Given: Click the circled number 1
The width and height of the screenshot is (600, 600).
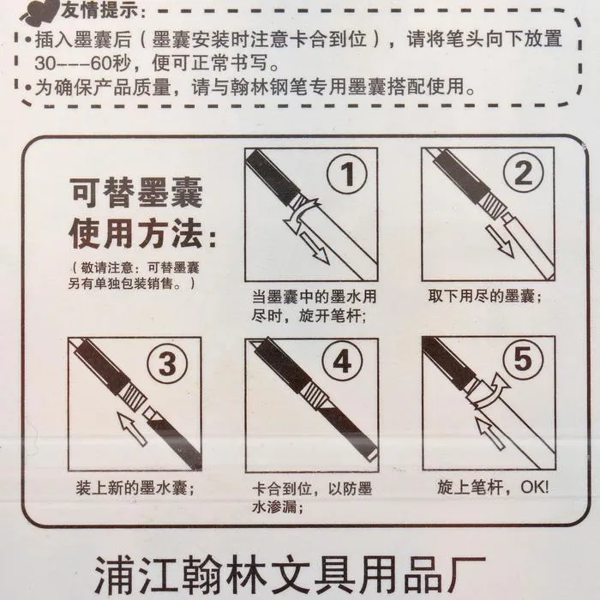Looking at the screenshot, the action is tap(346, 174).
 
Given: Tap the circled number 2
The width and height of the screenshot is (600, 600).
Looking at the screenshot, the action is tap(523, 172).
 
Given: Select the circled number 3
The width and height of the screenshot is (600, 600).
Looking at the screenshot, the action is tap(167, 363).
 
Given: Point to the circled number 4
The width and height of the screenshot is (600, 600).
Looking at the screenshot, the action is tap(342, 361).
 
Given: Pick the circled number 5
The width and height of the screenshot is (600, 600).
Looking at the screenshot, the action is tap(523, 359).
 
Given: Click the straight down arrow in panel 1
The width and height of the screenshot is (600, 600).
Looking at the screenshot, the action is tap(315, 248).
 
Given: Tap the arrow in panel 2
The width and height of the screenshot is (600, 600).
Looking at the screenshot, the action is tap(500, 241).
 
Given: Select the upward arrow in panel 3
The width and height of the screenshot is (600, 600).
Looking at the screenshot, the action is tap(132, 429).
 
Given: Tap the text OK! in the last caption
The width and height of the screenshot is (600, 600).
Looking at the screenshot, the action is tap(535, 487).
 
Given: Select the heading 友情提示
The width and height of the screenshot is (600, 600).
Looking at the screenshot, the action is tap(99, 10).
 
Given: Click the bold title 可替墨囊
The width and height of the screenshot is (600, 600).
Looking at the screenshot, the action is tap(135, 193).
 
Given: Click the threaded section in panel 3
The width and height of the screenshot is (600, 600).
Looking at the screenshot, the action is tap(132, 397).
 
